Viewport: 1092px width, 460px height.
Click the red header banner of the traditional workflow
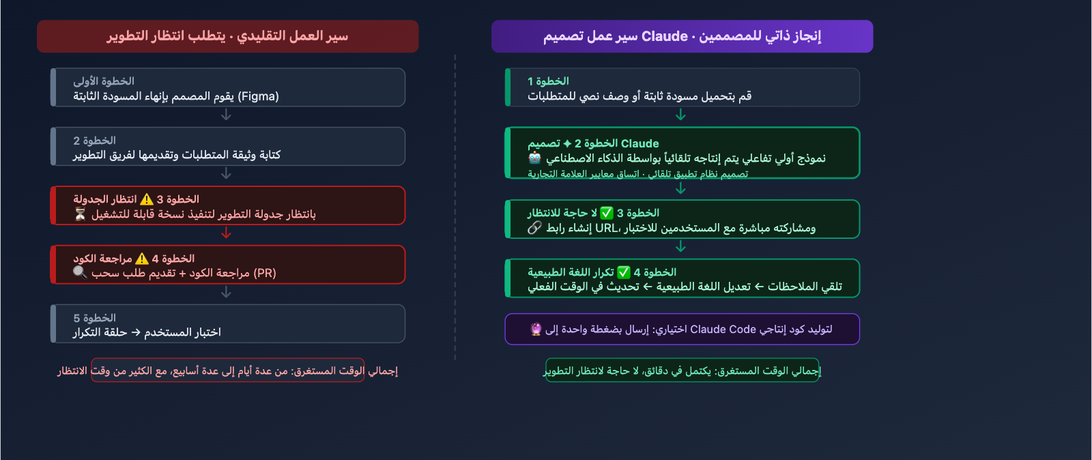(x=227, y=36)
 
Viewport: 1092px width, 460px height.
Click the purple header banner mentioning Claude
(x=682, y=36)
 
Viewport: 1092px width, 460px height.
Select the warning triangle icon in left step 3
(x=147, y=199)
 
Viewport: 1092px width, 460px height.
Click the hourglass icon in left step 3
(x=80, y=214)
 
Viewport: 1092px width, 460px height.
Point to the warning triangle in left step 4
(x=142, y=259)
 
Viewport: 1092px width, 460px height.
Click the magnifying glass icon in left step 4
(x=80, y=273)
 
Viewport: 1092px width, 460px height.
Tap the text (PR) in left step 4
(x=264, y=273)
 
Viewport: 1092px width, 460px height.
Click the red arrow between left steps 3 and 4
(x=227, y=233)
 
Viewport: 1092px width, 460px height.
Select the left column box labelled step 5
(x=227, y=324)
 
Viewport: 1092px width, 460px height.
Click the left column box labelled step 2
(x=227, y=146)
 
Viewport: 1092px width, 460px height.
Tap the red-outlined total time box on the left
(x=227, y=370)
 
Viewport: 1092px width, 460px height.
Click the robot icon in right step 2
(x=535, y=158)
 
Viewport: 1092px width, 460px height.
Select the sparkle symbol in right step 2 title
(x=567, y=143)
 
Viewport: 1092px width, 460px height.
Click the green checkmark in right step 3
(x=607, y=213)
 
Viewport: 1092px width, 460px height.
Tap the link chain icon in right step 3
(x=534, y=228)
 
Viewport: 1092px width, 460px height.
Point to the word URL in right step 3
(x=606, y=228)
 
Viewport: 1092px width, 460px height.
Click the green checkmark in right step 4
(x=624, y=272)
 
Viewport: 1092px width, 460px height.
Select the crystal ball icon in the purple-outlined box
(x=536, y=329)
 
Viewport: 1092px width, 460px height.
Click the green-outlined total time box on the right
(x=682, y=370)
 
